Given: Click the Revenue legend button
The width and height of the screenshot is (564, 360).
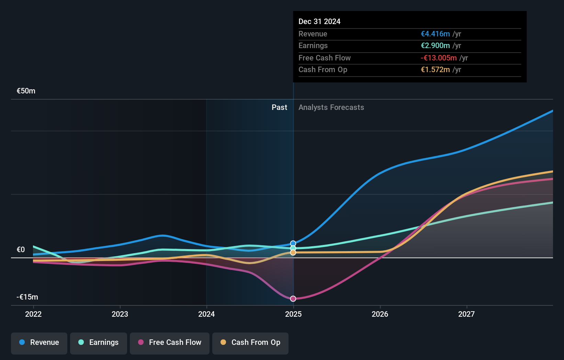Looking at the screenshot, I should point(39,343).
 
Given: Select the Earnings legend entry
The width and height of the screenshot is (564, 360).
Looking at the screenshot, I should point(99,343).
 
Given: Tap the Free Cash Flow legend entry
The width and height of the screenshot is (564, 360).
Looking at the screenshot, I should point(170,343).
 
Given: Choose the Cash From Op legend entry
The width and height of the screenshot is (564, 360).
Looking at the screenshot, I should point(250,343).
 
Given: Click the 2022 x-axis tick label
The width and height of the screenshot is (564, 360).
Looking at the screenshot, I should point(33,314).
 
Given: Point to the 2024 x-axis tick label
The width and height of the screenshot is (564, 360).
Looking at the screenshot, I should point(206,314).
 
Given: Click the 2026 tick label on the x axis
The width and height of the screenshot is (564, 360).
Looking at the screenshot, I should point(380,314).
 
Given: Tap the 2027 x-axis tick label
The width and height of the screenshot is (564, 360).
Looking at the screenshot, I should point(466,314).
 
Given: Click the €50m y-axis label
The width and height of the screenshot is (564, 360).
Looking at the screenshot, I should point(26,91).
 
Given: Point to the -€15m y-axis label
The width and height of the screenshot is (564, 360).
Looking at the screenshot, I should point(27,297).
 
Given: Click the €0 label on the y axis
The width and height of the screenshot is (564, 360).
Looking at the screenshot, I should point(21,250).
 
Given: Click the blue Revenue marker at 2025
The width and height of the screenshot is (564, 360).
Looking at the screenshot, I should point(293,244).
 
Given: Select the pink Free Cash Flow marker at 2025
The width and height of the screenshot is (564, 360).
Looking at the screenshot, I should point(293,299).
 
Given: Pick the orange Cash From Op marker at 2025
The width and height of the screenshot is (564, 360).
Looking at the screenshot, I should point(293,253).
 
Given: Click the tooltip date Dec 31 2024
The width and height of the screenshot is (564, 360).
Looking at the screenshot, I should point(319,22).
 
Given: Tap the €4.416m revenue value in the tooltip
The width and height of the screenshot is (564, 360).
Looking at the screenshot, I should point(435,34).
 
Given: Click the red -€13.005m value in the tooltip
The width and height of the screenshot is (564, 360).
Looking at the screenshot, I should point(439,58).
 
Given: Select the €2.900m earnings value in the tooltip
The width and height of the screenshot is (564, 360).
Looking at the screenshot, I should point(435,46).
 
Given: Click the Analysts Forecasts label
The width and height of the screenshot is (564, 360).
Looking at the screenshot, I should point(331,108).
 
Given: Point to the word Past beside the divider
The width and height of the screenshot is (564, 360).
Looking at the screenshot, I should point(279,108).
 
